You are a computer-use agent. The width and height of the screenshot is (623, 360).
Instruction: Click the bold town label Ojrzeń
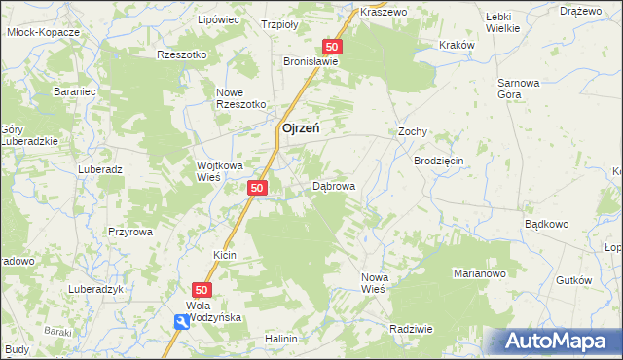tap(302, 127)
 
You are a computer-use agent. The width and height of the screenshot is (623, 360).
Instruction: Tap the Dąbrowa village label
tap(334, 186)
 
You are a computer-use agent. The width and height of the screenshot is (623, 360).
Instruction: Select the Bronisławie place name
tap(311, 60)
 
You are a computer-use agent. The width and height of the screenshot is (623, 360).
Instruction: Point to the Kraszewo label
tap(382, 12)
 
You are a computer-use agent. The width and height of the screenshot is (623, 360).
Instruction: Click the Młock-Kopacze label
tap(42, 31)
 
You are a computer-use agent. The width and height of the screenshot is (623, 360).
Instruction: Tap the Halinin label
tap(280, 339)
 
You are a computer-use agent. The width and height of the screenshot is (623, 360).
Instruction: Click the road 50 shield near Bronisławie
tap(333, 47)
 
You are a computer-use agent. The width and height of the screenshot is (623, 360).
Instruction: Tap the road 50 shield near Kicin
tap(202, 290)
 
